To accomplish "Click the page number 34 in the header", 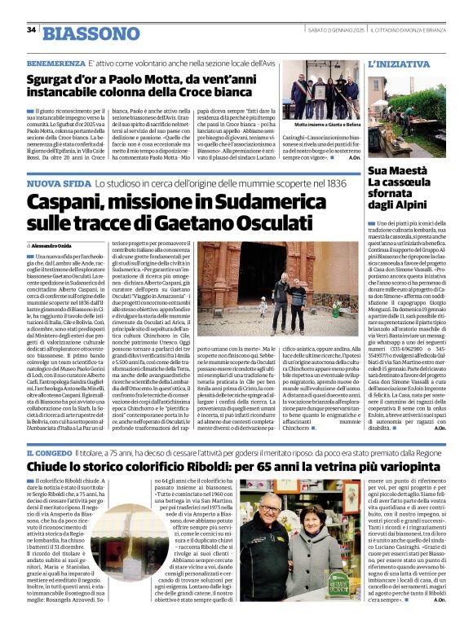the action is (x=31, y=30).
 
